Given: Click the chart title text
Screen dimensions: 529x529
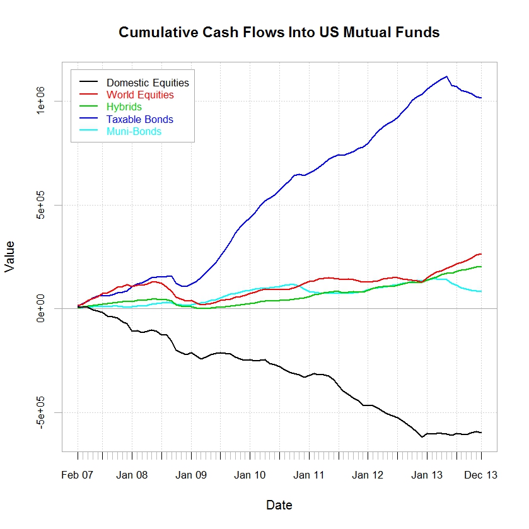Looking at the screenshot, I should coord(279,32).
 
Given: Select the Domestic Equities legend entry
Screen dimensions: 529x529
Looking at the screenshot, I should coord(148,83).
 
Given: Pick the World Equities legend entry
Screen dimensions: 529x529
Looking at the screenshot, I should coord(140,95).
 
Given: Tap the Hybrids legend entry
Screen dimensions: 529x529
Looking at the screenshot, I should coord(124,107).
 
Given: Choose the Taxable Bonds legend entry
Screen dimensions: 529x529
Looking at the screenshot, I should coord(139,119).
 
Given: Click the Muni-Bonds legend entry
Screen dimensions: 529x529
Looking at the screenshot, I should coord(134,132).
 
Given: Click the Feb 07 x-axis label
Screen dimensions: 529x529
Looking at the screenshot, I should coord(78,475).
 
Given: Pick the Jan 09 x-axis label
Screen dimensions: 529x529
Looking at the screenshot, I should coord(191,475).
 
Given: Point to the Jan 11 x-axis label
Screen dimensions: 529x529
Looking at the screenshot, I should coord(309,475).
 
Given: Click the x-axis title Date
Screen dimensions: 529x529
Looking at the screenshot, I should coord(279,505).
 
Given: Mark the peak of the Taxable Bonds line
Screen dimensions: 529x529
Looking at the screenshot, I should coord(446,76).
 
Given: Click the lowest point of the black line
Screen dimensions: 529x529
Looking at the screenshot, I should coord(422,437).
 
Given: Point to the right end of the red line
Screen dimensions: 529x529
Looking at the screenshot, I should coord(481,254).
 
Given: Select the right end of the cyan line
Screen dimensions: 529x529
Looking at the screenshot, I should coord(481,291).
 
